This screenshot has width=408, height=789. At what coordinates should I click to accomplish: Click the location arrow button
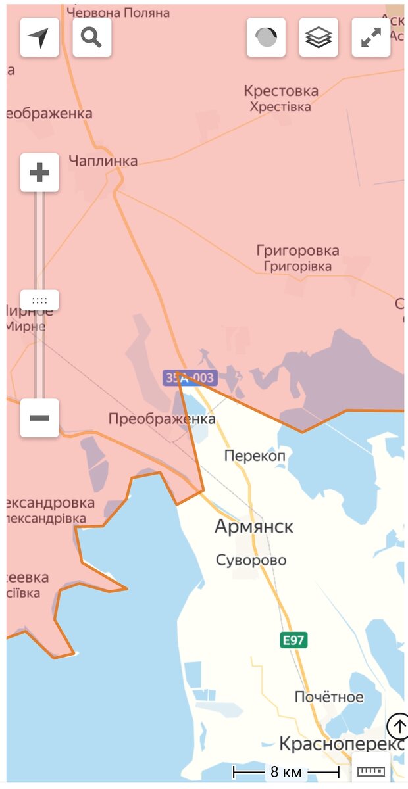(x=39, y=37)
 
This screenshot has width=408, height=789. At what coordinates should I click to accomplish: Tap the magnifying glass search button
(x=91, y=37)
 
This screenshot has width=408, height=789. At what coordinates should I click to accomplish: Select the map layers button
(x=319, y=37)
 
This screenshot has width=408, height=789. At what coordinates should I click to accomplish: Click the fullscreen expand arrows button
(x=371, y=37)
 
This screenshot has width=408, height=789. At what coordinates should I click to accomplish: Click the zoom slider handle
(x=39, y=300)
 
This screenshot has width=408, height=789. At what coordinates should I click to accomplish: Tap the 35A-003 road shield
(x=190, y=378)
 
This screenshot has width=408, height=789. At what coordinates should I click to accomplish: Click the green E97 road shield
(x=293, y=640)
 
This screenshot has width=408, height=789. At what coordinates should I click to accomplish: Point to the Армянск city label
(x=254, y=527)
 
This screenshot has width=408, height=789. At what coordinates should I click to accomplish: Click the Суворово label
(x=251, y=560)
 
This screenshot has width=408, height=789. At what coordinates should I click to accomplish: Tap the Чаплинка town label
(x=103, y=161)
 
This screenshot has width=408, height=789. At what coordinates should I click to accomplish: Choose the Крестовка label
(x=281, y=91)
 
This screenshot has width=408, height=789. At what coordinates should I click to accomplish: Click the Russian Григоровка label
(x=297, y=251)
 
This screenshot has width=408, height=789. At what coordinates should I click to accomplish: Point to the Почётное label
(x=329, y=697)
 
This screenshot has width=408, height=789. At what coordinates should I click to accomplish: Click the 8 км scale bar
(x=286, y=771)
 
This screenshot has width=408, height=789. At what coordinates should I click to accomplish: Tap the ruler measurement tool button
(x=371, y=771)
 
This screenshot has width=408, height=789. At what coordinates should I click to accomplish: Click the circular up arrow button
(x=398, y=727)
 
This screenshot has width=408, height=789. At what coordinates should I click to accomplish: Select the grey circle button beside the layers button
(x=266, y=37)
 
